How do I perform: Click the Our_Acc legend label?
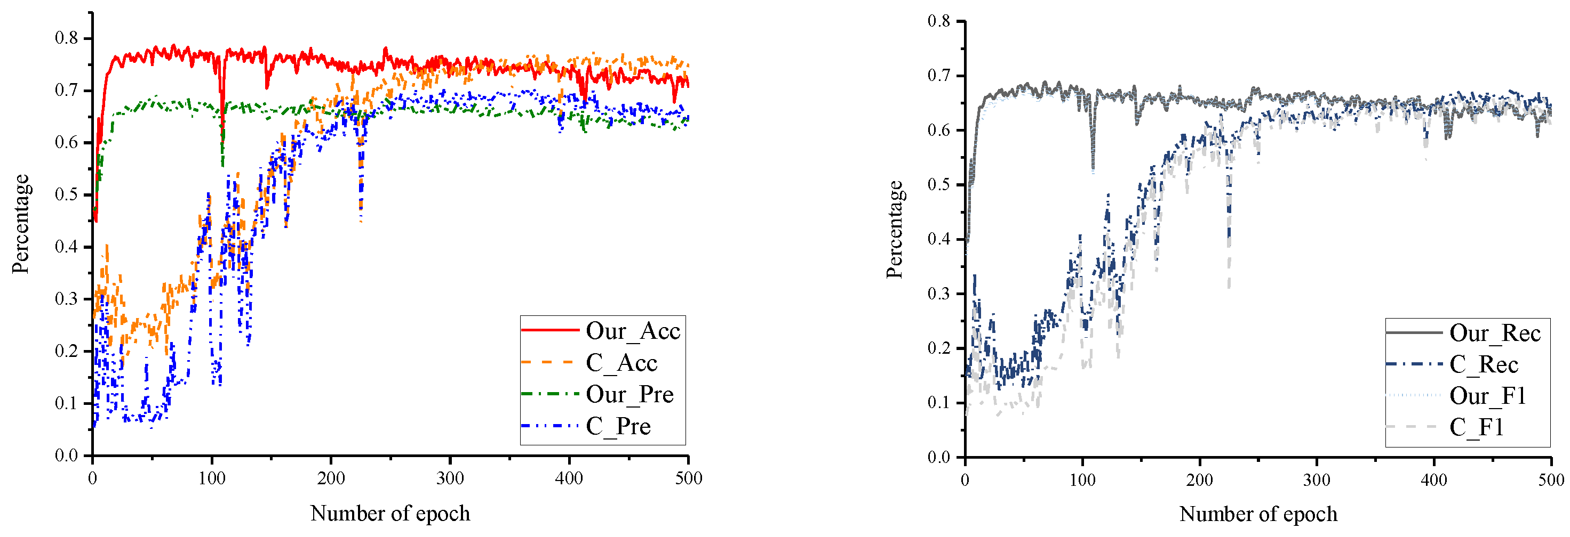coord(633,331)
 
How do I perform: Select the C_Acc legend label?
coord(621,363)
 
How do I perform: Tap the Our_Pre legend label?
coord(629,395)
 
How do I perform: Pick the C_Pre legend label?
coord(618,426)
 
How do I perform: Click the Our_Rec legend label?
coord(1494,333)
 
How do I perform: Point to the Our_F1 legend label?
coord(1487,396)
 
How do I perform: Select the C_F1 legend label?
coord(1476,427)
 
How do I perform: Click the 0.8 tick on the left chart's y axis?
coord(67,38)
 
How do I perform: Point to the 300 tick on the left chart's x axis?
coord(450,478)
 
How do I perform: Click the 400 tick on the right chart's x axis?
coord(1433,480)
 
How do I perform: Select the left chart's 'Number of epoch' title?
coord(390,513)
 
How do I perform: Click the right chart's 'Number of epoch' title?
coord(1258,514)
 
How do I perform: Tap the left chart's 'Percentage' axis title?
coord(21,224)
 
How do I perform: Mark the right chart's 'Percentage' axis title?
coord(894,230)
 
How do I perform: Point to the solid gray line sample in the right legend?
coord(1414,332)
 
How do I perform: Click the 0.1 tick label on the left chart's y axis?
coord(67,403)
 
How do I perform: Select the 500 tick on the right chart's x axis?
coord(1550,480)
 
